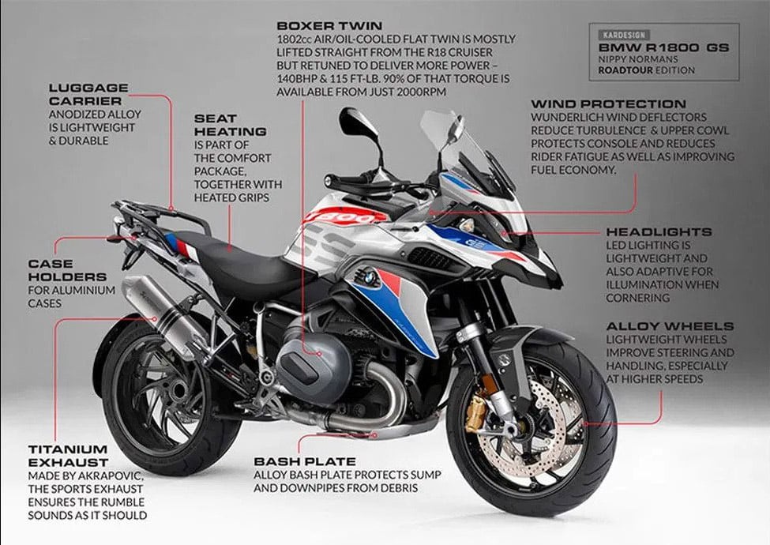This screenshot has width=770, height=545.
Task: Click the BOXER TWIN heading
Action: coord(329,25)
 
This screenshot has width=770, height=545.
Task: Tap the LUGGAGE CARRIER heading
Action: coord(88,94)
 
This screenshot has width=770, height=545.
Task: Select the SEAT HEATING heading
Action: coord(231,126)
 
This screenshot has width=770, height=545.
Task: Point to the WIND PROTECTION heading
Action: coord(608,104)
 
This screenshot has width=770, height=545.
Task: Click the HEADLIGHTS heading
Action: coord(659,231)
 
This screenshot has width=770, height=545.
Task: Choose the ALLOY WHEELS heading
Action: coord(670,326)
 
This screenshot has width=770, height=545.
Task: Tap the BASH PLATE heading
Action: coord(305,461)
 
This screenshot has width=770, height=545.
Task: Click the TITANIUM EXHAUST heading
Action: coord(68,456)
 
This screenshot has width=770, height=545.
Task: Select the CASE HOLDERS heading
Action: coord(67,270)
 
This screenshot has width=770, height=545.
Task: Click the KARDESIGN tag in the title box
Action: coord(624,35)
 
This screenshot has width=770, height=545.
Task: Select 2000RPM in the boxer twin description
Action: coord(422,92)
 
